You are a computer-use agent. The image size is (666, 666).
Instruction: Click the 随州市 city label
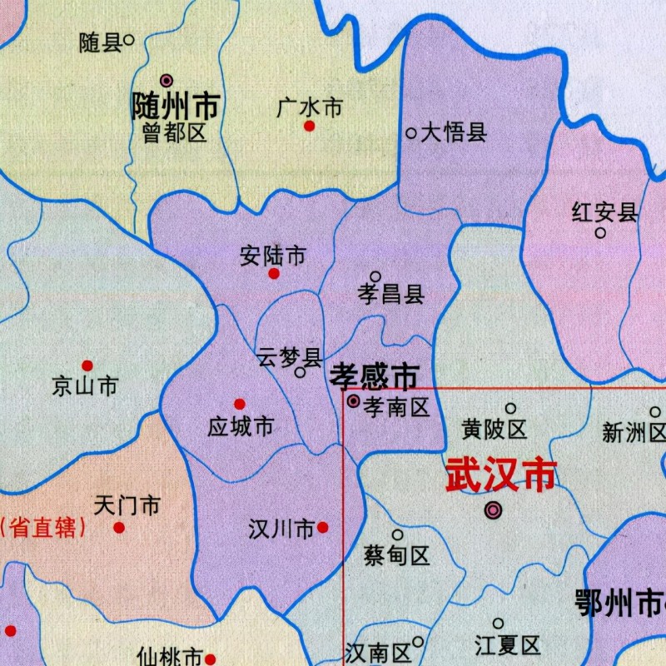pyautogui.click(x=176, y=106)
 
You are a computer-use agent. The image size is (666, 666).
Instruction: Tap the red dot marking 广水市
pyautogui.click(x=309, y=126)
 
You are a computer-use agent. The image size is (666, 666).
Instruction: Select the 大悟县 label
pyautogui.click(x=453, y=132)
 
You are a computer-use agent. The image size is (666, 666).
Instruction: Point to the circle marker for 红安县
pyautogui.click(x=600, y=233)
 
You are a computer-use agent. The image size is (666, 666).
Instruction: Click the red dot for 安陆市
pyautogui.click(x=274, y=273)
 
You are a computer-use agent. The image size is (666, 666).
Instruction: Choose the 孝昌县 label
pyautogui.click(x=391, y=294)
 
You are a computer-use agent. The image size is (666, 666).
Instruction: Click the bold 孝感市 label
pyautogui.click(x=374, y=376)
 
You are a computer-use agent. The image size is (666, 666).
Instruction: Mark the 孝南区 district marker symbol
pyautogui.click(x=353, y=401)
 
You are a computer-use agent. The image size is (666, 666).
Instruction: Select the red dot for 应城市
pyautogui.click(x=240, y=404)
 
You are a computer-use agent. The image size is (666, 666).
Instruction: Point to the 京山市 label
pyautogui.click(x=85, y=386)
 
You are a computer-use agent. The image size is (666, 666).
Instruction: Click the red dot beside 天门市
pyautogui.click(x=119, y=527)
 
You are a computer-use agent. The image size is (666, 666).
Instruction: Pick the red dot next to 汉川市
pyautogui.click(x=322, y=527)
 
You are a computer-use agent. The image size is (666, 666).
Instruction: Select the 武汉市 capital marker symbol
pyautogui.click(x=494, y=509)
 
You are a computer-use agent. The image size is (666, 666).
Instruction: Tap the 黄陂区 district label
pyautogui.click(x=495, y=430)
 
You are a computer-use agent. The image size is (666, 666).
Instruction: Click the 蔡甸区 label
pyautogui.click(x=397, y=555)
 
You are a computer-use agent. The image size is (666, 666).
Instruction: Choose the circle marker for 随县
pyautogui.click(x=129, y=37)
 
